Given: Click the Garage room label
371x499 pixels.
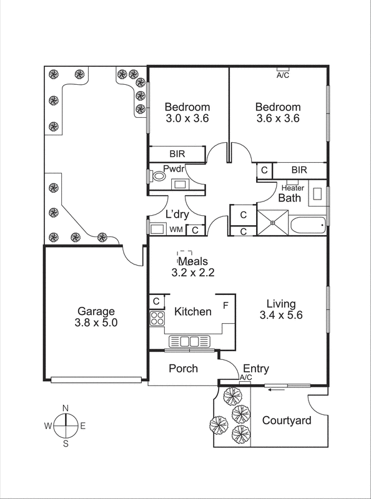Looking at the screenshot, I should click(96, 311).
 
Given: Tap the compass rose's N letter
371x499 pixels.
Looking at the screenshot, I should click(65, 408).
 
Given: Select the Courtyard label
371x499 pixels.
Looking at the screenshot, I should click(287, 420).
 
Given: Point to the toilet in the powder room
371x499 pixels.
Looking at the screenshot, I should click(159, 177).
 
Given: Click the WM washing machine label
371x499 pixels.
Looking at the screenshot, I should click(176, 230).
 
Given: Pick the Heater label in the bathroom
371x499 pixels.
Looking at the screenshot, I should click(293, 188).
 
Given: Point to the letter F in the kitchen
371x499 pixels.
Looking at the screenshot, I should click(226, 306).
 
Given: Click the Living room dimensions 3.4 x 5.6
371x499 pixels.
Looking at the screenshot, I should click(281, 315).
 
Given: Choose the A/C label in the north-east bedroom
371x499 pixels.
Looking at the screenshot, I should click(283, 75).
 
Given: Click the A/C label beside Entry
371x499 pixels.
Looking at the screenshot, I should click(245, 378).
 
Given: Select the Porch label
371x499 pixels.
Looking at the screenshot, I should click(184, 369).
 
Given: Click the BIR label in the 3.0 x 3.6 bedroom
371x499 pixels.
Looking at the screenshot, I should click(177, 153).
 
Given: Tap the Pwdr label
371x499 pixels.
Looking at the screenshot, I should click(172, 168).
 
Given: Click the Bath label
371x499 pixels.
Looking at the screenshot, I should click(289, 198).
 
